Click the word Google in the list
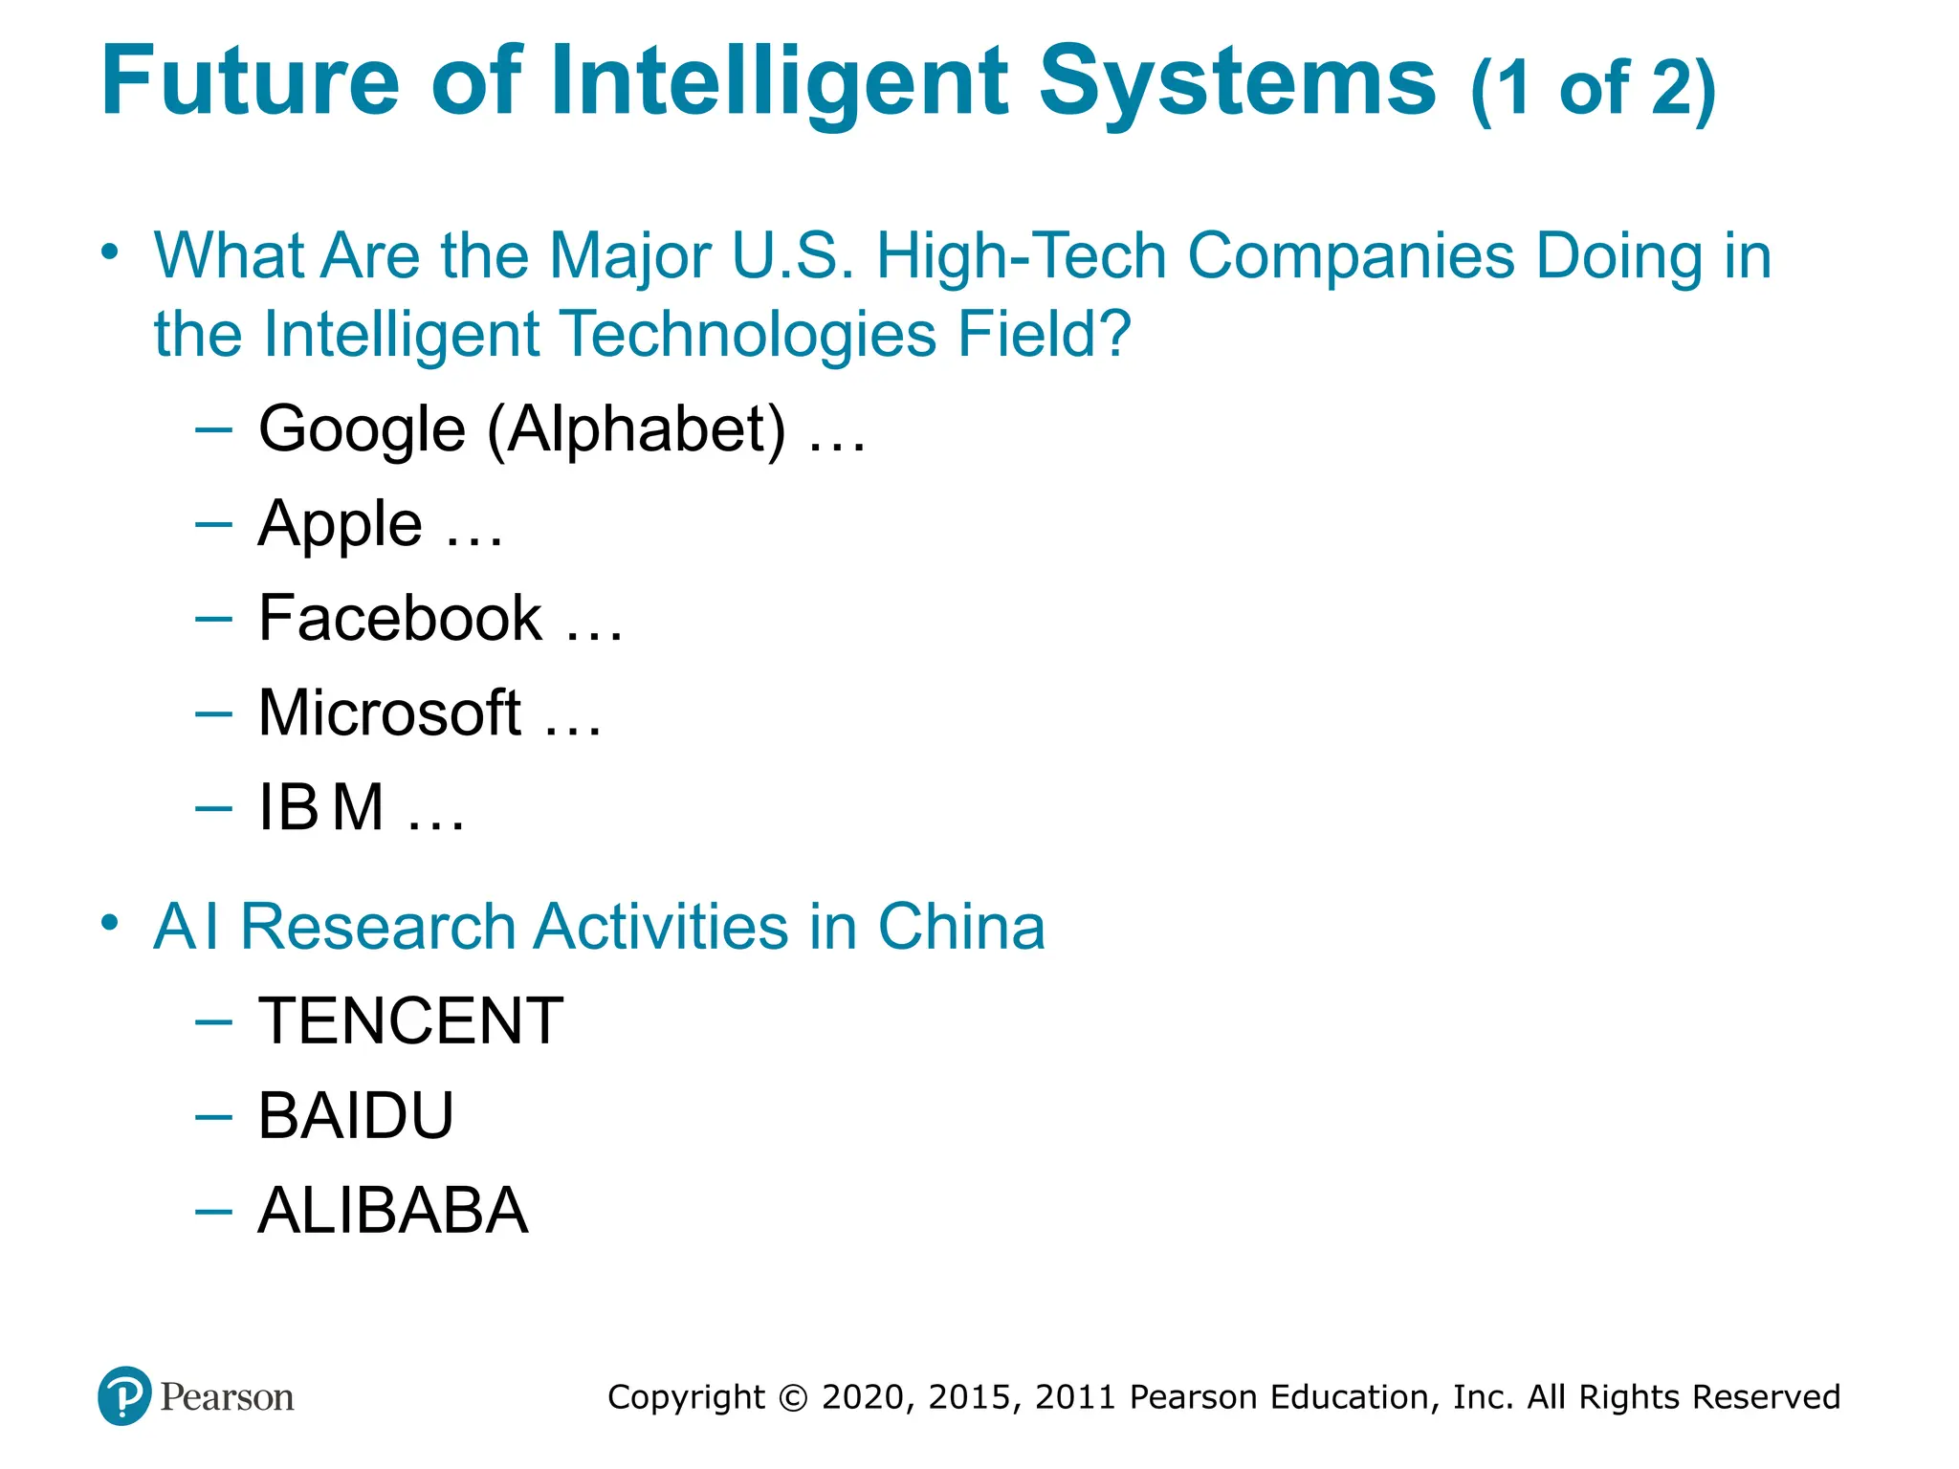[x=362, y=429]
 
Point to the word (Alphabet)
[x=636, y=429]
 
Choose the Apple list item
[x=340, y=524]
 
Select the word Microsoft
[x=389, y=713]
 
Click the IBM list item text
[x=321, y=807]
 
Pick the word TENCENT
[x=410, y=1020]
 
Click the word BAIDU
[x=356, y=1115]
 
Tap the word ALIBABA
[x=392, y=1210]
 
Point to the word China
[x=961, y=927]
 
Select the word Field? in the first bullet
[x=1044, y=334]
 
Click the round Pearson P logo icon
[x=124, y=1396]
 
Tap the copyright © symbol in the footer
[x=793, y=1397]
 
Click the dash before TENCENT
[x=212, y=1022]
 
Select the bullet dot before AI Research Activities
[x=111, y=923]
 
